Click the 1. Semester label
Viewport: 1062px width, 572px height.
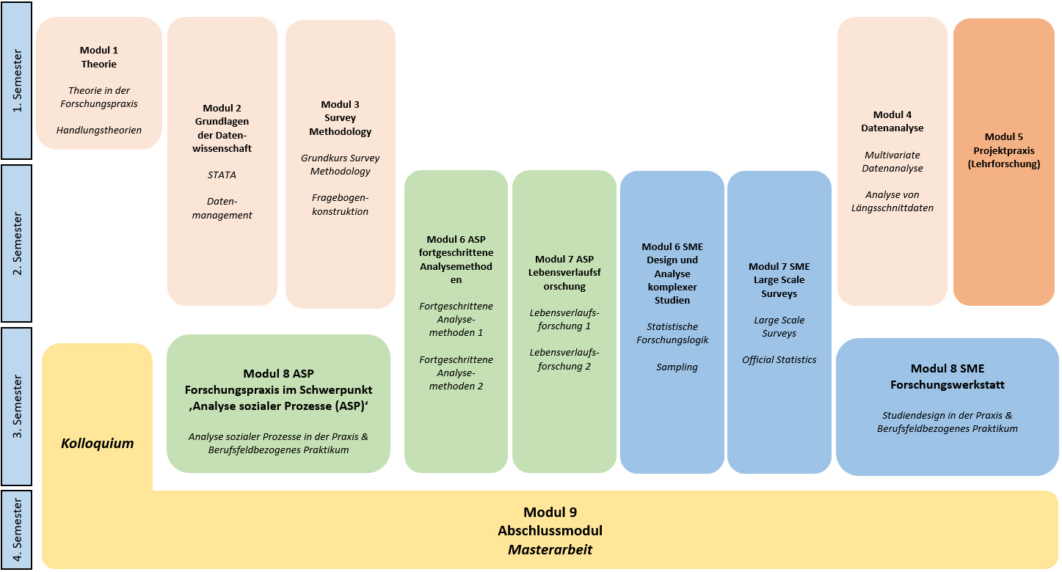click(18, 81)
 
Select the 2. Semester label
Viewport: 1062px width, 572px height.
click(18, 243)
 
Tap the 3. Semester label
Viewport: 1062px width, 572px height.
click(18, 406)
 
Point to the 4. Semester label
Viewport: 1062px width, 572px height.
click(18, 529)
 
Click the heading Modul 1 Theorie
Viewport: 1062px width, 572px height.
click(99, 57)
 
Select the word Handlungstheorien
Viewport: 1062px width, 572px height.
click(99, 131)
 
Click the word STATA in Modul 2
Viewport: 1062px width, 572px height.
click(222, 175)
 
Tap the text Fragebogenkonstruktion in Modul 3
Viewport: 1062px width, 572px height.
click(340, 205)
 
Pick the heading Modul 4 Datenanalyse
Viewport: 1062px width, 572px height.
click(892, 121)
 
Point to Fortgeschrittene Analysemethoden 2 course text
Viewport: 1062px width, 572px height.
click(456, 373)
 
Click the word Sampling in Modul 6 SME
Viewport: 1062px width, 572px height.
click(677, 367)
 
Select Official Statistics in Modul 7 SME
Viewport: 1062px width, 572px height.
click(779, 359)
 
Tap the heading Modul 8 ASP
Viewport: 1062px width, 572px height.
click(278, 374)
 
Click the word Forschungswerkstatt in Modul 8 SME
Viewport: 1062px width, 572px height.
click(947, 384)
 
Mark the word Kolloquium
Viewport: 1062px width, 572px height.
click(98, 444)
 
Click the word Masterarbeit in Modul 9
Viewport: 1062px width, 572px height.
click(550, 549)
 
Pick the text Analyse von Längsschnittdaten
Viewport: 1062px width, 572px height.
click(892, 201)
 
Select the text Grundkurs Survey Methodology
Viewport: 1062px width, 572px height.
click(340, 164)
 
